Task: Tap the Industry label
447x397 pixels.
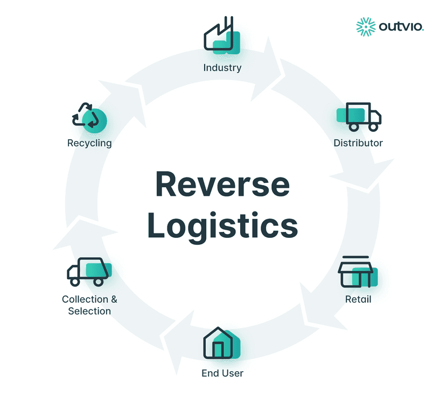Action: pyautogui.click(x=222, y=68)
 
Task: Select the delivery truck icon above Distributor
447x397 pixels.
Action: pyautogui.click(x=359, y=116)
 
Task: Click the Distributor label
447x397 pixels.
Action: pyautogui.click(x=358, y=143)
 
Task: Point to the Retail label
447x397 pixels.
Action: pyautogui.click(x=358, y=299)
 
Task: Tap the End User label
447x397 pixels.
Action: pyautogui.click(x=222, y=373)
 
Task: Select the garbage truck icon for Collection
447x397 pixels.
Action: pyautogui.click(x=88, y=272)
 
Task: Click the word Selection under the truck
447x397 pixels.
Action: pyautogui.click(x=89, y=311)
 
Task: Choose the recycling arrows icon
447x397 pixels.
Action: pyautogui.click(x=88, y=116)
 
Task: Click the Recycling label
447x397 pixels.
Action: pyautogui.click(x=89, y=143)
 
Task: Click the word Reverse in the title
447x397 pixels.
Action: pyautogui.click(x=222, y=185)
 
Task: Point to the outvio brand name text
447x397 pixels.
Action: pyautogui.click(x=401, y=26)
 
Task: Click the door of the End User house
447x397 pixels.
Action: pyautogui.click(x=218, y=350)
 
